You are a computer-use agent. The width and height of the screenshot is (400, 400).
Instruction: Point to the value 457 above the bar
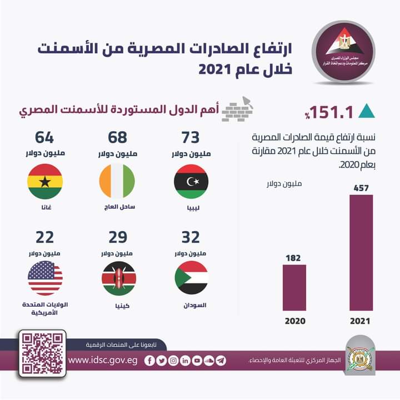coord(361,188)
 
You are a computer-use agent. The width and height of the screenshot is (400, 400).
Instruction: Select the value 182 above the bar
coord(294,258)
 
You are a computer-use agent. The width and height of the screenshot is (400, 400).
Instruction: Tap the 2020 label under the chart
coord(294,322)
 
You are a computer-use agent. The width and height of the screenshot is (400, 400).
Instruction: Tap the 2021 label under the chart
coord(361,322)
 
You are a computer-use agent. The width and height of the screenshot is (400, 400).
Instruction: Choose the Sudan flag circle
coord(191,277)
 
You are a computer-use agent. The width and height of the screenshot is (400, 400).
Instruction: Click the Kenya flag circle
coord(118,277)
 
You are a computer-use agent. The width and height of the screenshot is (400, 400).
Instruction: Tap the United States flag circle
coord(45,277)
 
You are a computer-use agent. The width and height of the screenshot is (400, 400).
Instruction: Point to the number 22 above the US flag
coord(45,237)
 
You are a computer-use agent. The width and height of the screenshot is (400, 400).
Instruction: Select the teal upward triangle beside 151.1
coord(366,111)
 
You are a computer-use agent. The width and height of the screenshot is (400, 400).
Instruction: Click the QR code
coord(42,353)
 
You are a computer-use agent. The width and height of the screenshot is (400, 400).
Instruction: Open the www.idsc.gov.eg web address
coord(103,361)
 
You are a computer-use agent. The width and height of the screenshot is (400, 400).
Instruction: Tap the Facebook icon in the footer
coord(149,361)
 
